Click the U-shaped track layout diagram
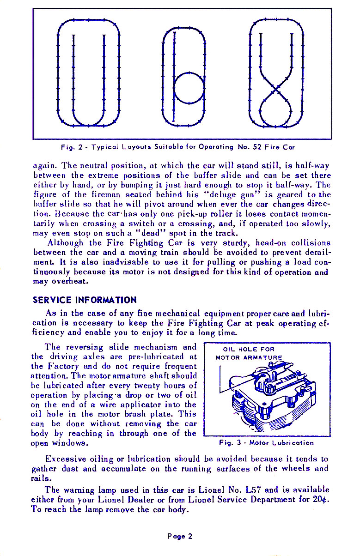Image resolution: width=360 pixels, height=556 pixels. (x=88, y=74)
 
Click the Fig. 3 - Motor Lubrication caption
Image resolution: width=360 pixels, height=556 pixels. (x=267, y=443)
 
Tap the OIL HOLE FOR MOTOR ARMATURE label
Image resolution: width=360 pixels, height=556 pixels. (x=249, y=353)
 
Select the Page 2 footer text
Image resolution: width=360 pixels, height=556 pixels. (x=180, y=536)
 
